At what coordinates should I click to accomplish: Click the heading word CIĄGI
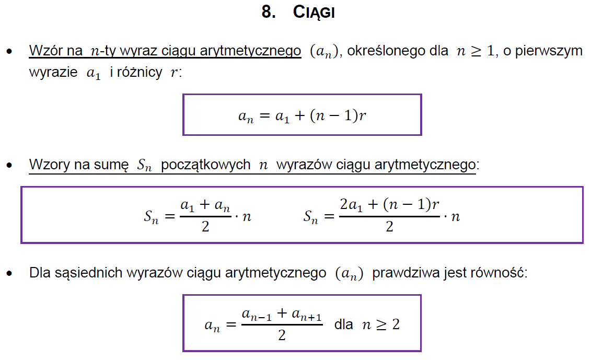coord(314,13)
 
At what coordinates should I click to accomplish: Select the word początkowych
coord(206,165)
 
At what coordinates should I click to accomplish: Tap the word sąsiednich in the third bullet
coord(88,273)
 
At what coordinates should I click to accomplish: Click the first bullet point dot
coord(9,51)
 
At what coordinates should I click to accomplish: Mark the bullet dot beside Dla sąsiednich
coord(9,273)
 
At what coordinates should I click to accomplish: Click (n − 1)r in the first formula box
coord(338,115)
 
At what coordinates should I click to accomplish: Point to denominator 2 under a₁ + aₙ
coord(205,227)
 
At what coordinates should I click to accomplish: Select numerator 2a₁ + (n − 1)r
coord(389,204)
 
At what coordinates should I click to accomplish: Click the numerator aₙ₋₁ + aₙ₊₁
coord(282,314)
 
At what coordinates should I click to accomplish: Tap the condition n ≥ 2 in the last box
coord(381,324)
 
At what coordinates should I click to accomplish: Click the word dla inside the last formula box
coord(343,324)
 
